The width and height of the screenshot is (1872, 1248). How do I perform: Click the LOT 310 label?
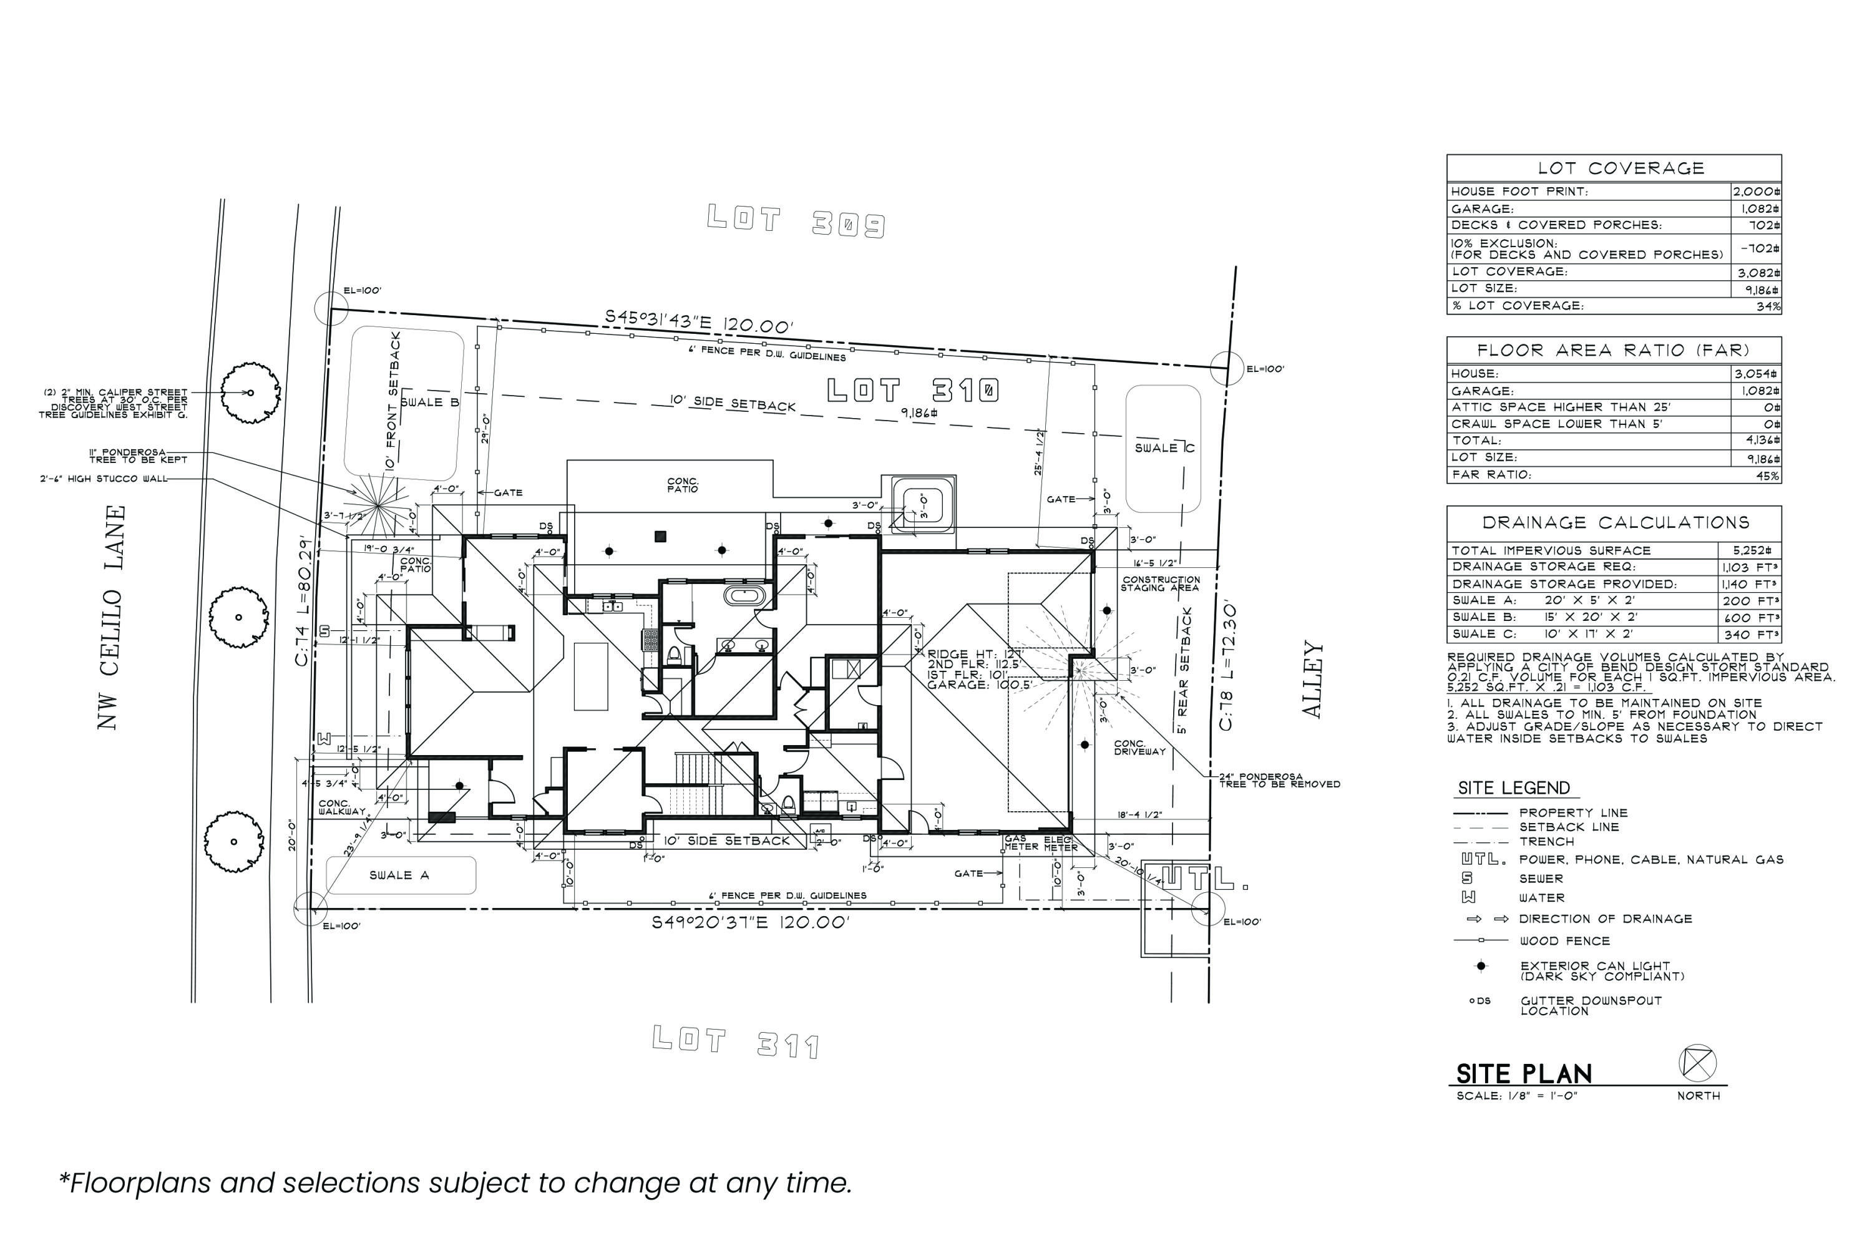point(912,391)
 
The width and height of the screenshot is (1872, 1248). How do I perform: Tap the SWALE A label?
point(399,875)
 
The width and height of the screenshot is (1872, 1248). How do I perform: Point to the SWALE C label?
point(1164,448)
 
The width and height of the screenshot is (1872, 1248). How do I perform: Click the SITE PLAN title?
point(1523,1074)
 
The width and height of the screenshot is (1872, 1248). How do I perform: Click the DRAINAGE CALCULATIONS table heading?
point(1615,523)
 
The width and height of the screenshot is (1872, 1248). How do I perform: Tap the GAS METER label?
point(1021,843)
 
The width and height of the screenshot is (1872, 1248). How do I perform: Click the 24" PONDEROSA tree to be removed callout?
point(1279,780)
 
